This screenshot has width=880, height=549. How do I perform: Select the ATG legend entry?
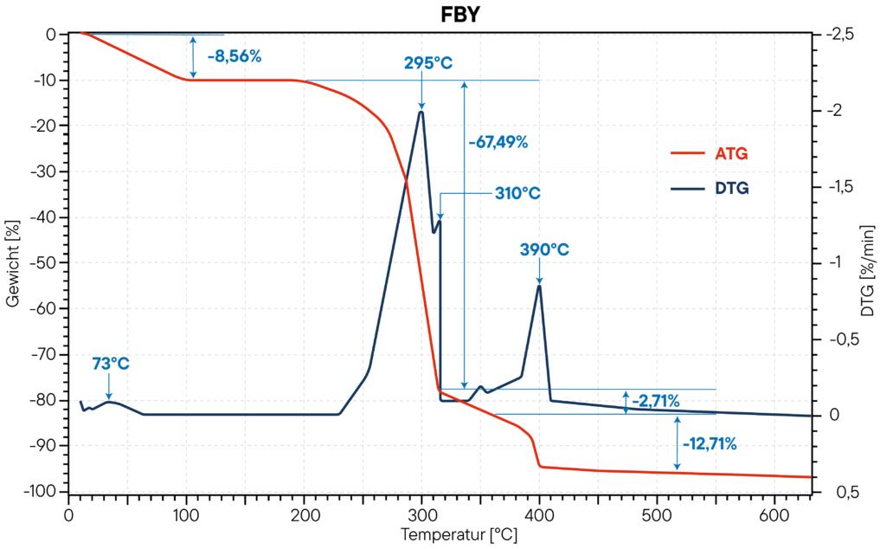click(x=731, y=154)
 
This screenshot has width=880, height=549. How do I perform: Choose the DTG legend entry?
click(x=731, y=186)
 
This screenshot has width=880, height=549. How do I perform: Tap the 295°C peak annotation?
click(x=428, y=62)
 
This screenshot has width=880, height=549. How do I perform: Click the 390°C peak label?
click(x=544, y=249)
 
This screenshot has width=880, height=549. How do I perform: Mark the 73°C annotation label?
click(x=111, y=364)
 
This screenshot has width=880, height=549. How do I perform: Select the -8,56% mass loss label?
click(x=234, y=57)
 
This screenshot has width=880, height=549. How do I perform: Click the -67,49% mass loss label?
click(x=498, y=142)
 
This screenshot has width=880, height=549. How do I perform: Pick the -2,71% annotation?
click(x=655, y=401)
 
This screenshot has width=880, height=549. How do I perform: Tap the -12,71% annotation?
click(x=710, y=445)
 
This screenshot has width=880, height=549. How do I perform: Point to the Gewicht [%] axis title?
click(x=13, y=263)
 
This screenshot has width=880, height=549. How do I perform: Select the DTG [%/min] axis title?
click(x=867, y=263)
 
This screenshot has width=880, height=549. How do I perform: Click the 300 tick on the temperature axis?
click(x=421, y=512)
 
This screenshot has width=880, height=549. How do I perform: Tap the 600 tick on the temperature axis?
click(x=774, y=512)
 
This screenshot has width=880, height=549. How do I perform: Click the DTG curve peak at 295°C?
click(x=421, y=112)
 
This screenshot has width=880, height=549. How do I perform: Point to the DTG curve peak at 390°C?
click(x=539, y=286)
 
